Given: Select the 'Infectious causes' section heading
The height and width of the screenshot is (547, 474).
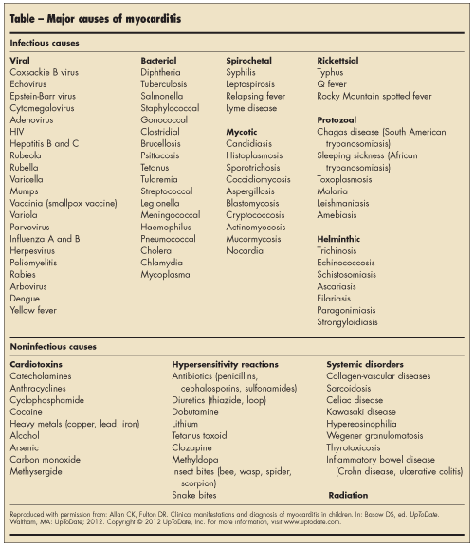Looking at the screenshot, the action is click(44, 44).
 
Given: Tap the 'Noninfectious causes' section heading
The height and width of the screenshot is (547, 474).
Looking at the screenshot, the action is click(53, 347).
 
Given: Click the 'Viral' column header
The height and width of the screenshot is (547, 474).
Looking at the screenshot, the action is click(20, 60).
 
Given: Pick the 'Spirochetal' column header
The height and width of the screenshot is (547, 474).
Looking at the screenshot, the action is click(249, 60).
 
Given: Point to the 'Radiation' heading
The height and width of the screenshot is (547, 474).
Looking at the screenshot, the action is click(348, 494).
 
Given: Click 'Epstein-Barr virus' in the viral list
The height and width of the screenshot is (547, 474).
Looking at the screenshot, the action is click(42, 97).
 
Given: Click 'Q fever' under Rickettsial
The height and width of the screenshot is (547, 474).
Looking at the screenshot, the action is click(332, 84).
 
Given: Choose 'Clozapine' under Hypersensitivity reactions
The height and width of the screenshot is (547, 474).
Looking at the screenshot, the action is click(193, 448).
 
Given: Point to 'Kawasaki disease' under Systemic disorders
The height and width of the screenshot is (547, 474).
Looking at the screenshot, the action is click(362, 411).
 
